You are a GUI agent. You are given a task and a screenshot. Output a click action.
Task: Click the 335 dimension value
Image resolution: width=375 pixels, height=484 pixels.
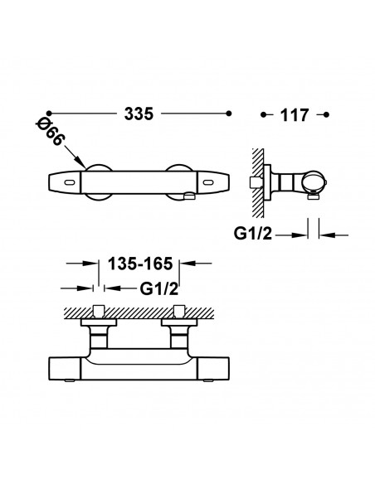point(139,114)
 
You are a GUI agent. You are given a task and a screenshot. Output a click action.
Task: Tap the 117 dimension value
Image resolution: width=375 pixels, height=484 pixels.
point(294,115)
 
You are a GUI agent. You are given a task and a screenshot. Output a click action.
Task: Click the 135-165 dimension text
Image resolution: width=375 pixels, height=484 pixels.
point(140,264)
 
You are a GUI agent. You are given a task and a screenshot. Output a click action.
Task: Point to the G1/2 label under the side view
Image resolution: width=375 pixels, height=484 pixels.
point(253,234)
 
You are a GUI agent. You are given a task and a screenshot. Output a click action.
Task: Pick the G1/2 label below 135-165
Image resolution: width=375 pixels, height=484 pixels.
point(159,289)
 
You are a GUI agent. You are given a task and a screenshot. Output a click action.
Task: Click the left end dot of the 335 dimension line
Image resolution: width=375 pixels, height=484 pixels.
point(48,114)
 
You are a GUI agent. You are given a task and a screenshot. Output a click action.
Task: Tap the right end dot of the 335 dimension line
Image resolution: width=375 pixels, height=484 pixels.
point(229,114)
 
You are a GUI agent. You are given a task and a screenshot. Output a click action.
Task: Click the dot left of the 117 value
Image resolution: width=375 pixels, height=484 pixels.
point(263,115)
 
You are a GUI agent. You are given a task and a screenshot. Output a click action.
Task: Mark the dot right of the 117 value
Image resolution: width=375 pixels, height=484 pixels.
point(326,115)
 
